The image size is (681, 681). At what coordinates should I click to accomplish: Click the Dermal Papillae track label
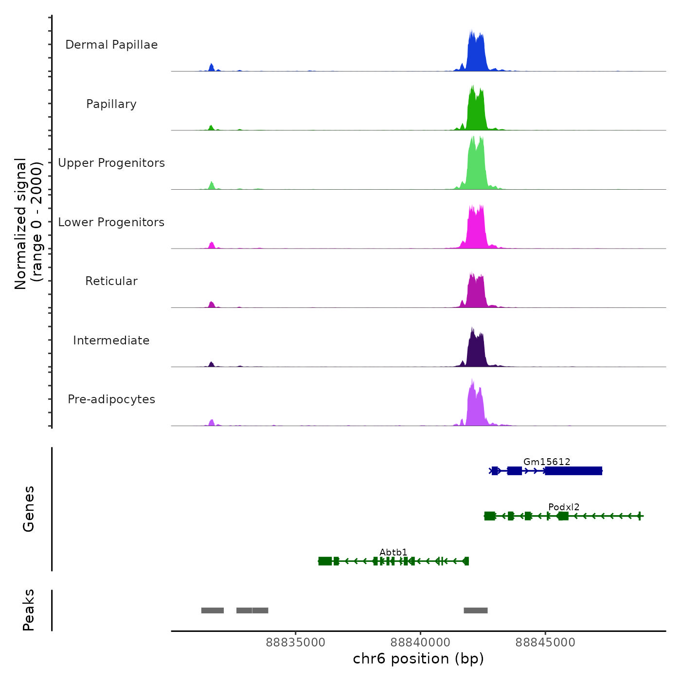coord(111,45)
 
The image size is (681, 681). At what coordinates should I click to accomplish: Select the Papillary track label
coord(111,104)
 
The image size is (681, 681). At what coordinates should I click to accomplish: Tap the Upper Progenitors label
coord(111,163)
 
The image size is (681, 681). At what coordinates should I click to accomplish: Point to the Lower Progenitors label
coord(111,222)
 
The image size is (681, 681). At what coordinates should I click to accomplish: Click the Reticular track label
coord(111,281)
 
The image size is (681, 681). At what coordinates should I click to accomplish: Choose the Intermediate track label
coord(111,340)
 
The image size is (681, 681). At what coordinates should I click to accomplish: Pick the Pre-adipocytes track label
coord(111,399)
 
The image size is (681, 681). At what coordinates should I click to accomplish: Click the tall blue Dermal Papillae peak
coord(476,54)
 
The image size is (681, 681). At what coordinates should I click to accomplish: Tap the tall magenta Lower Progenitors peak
coord(476,229)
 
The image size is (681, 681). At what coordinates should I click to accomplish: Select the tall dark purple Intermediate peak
coord(476,350)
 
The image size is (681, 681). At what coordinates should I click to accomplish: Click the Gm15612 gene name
coord(547,462)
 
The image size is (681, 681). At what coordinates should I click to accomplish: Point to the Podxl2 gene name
coord(564,507)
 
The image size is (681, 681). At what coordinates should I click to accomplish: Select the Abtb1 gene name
coord(394,552)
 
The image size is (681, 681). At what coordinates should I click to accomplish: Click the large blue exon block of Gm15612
coord(573,470)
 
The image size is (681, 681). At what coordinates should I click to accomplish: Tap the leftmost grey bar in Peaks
coord(213,610)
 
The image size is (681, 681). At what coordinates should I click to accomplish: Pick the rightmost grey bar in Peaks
coord(475,610)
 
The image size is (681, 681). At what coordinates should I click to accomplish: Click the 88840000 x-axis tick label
coord(420,642)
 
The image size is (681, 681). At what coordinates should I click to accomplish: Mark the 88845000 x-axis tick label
coord(545,642)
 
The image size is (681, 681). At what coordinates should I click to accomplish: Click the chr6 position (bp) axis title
coord(418,659)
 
